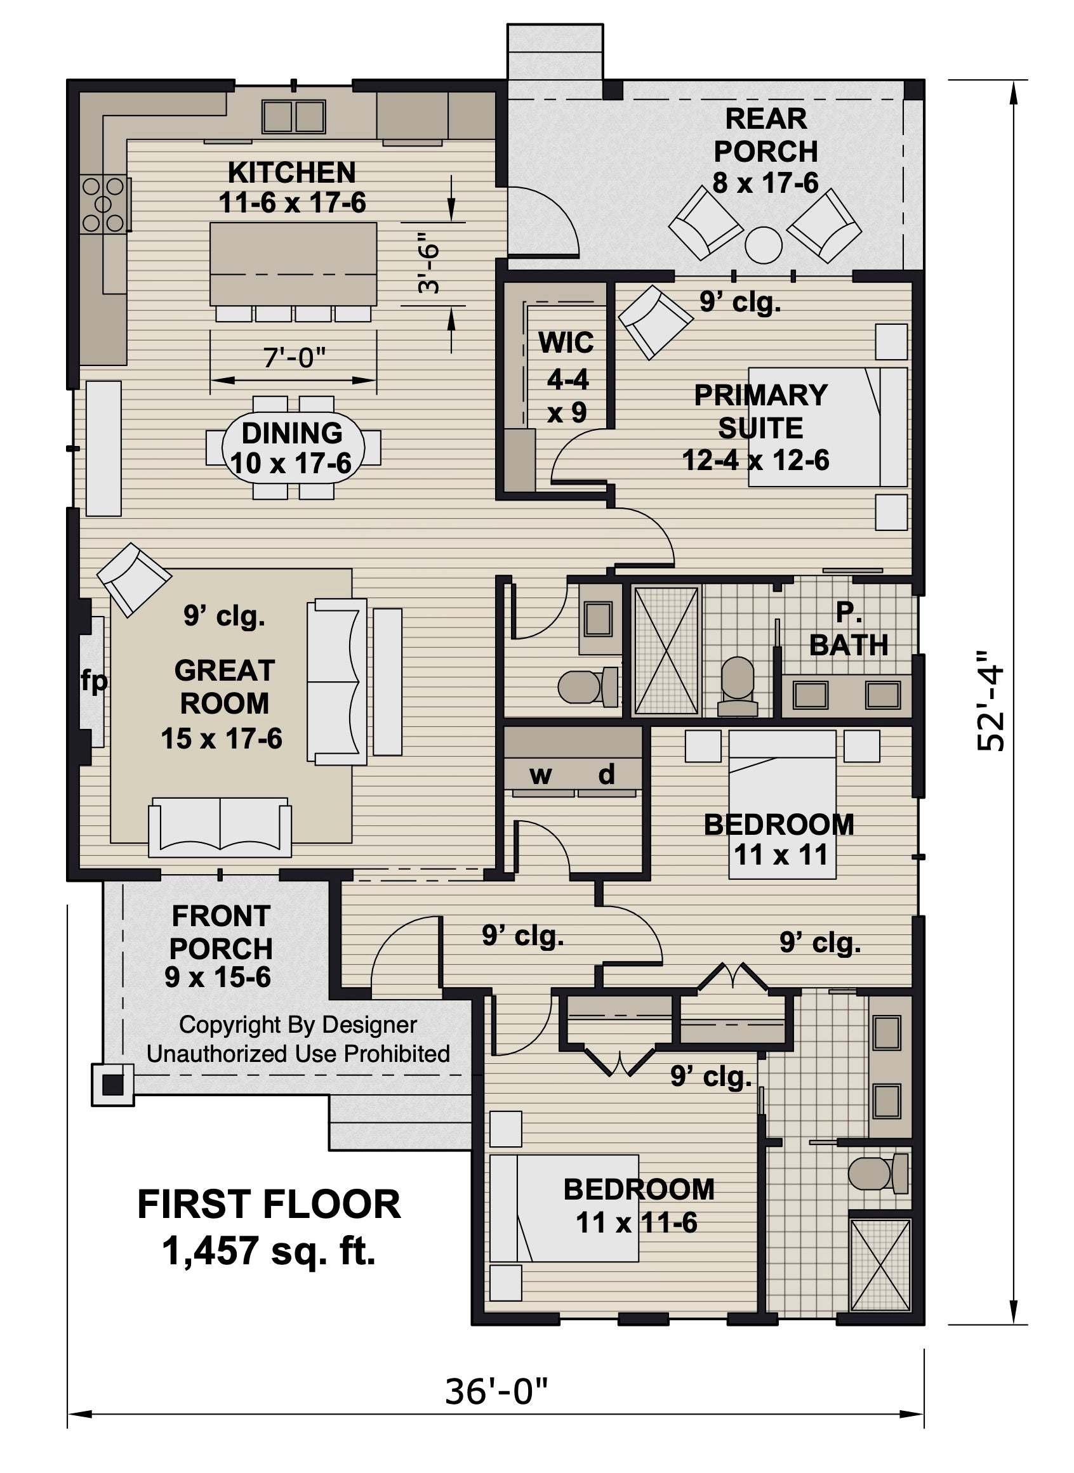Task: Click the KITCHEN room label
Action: point(291,173)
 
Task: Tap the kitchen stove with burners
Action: point(103,205)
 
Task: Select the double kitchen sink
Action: point(293,117)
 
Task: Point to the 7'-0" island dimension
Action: point(294,357)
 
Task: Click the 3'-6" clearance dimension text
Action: point(429,263)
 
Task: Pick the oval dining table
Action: point(292,448)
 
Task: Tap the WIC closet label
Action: point(566,343)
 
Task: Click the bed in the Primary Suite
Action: point(827,427)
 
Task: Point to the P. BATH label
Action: point(849,629)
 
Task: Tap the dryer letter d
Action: point(606,774)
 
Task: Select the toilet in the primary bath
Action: point(738,686)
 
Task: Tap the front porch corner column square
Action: point(113,1083)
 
